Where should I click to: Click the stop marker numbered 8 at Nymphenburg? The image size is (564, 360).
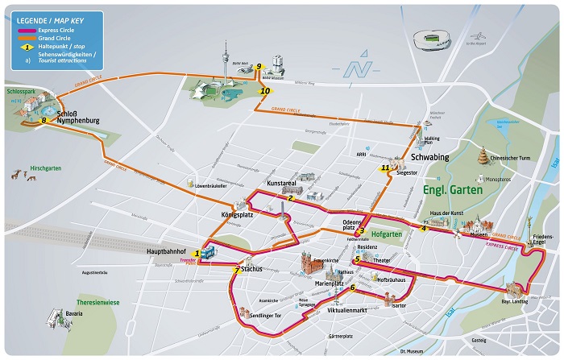pyautogui.click(x=44, y=121)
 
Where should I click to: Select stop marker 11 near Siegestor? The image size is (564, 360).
pyautogui.click(x=385, y=168)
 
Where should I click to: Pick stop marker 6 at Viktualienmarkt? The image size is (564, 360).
pyautogui.click(x=352, y=288)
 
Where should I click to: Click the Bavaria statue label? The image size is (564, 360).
pyautogui.click(x=74, y=312)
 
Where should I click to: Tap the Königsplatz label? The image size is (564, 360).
pyautogui.click(x=238, y=215)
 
